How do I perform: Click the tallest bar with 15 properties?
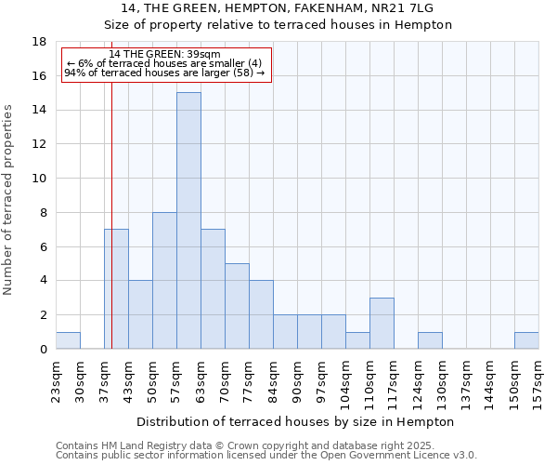pyautogui.click(x=188, y=220)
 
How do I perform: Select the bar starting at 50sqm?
pyautogui.click(x=164, y=281)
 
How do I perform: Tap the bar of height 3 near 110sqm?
pyautogui.click(x=382, y=324)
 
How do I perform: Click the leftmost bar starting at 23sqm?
pyautogui.click(x=68, y=340)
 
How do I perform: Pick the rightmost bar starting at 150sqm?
pyautogui.click(x=526, y=340)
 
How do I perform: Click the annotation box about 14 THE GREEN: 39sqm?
pyautogui.click(x=166, y=64)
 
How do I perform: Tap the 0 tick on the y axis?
pyautogui.click(x=43, y=350)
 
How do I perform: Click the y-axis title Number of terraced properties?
pyautogui.click(x=9, y=200)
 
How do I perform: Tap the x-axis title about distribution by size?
pyautogui.click(x=296, y=421)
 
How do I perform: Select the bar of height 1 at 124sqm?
pyautogui.click(x=430, y=340)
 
